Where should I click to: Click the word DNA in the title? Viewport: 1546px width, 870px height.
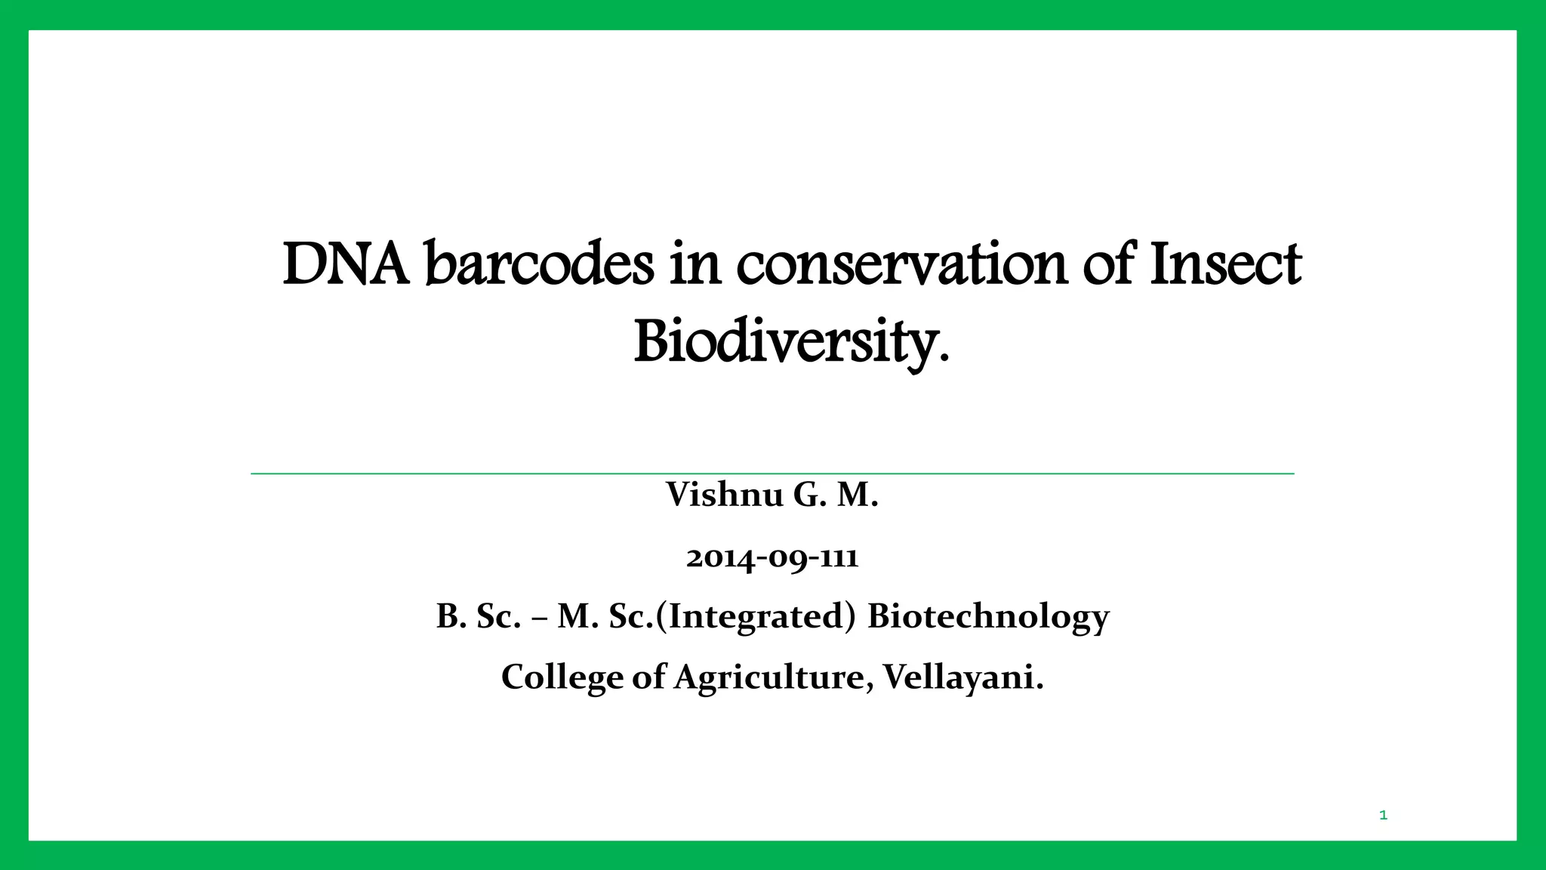(346, 265)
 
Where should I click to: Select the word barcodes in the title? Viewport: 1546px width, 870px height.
(539, 265)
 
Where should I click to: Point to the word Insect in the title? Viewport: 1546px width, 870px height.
(1224, 265)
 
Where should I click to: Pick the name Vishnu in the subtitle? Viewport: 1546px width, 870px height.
(724, 495)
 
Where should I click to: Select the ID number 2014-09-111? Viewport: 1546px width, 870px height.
(772, 557)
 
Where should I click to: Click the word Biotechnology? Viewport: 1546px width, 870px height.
(988, 616)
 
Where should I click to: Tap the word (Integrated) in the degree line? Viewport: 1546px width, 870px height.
(756, 616)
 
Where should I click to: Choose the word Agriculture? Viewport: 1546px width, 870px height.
(775, 677)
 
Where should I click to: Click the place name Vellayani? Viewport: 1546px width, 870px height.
(963, 677)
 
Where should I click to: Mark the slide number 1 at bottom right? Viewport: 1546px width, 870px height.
(1383, 815)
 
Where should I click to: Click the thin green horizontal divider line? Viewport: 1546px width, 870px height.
(772, 474)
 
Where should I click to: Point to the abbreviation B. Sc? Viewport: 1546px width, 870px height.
(479, 616)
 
